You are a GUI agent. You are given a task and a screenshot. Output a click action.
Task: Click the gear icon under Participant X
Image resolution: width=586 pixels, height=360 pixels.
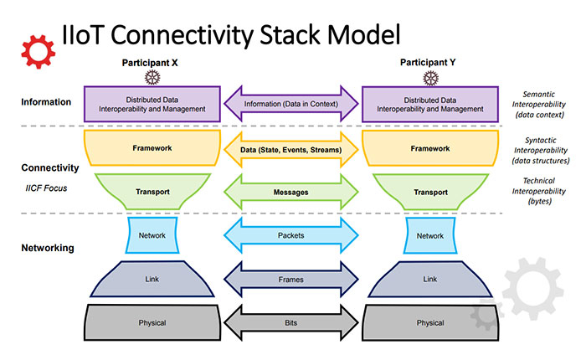click(152, 78)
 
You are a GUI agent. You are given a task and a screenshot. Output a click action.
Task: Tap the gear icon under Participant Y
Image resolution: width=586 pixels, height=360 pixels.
click(430, 78)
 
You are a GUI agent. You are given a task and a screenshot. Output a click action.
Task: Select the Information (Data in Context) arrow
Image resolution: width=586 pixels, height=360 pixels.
click(291, 104)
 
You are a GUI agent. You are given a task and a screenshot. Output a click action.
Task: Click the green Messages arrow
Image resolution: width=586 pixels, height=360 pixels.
click(291, 192)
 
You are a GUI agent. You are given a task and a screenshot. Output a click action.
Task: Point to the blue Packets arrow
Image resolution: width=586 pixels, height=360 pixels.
click(291, 235)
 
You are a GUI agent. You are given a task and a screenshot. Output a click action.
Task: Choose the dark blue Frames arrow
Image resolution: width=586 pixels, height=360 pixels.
click(291, 279)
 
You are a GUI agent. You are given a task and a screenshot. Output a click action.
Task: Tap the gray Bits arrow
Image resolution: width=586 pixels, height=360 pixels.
click(291, 322)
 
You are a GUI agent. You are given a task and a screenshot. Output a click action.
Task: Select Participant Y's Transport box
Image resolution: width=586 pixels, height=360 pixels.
click(430, 192)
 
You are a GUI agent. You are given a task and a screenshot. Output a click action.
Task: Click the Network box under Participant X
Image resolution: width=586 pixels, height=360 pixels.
click(152, 235)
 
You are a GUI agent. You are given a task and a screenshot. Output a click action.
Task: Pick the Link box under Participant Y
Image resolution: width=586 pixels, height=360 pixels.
click(430, 279)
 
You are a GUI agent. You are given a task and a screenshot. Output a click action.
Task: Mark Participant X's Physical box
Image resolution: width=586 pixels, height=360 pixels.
click(152, 322)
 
